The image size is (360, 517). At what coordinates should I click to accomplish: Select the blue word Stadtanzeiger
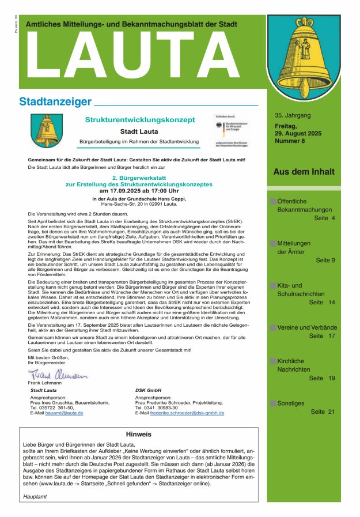click(x=55, y=102)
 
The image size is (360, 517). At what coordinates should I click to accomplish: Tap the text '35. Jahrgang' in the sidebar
click(x=293, y=115)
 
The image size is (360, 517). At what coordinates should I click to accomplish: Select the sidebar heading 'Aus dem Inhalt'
click(x=304, y=172)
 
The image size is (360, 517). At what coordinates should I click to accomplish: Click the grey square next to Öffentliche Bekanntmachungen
click(x=273, y=202)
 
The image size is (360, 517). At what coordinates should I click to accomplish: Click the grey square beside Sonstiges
click(x=273, y=403)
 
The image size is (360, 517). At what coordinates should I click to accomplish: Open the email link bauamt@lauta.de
click(x=64, y=413)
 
